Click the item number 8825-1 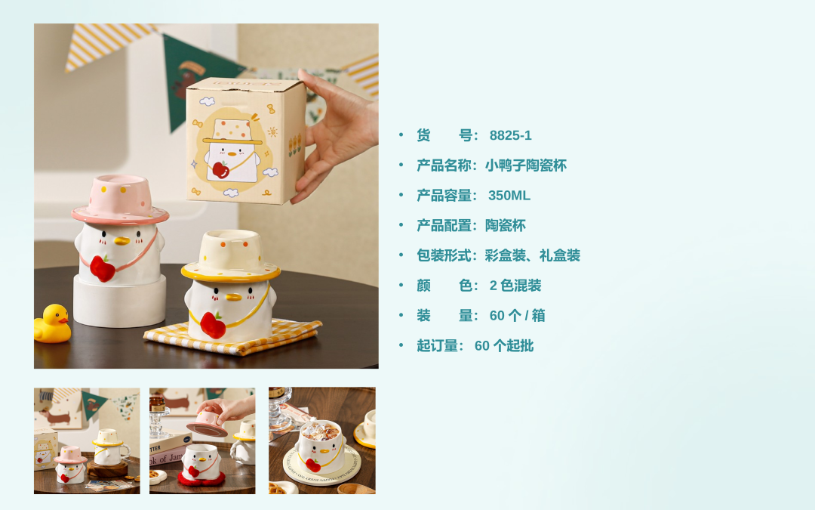[x=510, y=135]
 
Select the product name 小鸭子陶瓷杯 [x=525, y=165]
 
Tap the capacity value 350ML [x=509, y=196]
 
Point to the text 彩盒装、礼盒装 [x=532, y=255]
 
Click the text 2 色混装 [x=515, y=286]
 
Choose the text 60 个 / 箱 [x=517, y=316]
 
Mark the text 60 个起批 [x=503, y=345]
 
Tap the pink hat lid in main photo [x=120, y=199]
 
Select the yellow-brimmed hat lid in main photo [x=231, y=256]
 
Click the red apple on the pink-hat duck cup [x=103, y=268]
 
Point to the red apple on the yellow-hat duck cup [x=213, y=325]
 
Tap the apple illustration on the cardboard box [x=221, y=170]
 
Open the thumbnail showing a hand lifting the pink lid [x=202, y=440]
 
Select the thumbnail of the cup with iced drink [x=321, y=440]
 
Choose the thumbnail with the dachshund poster [x=87, y=440]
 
